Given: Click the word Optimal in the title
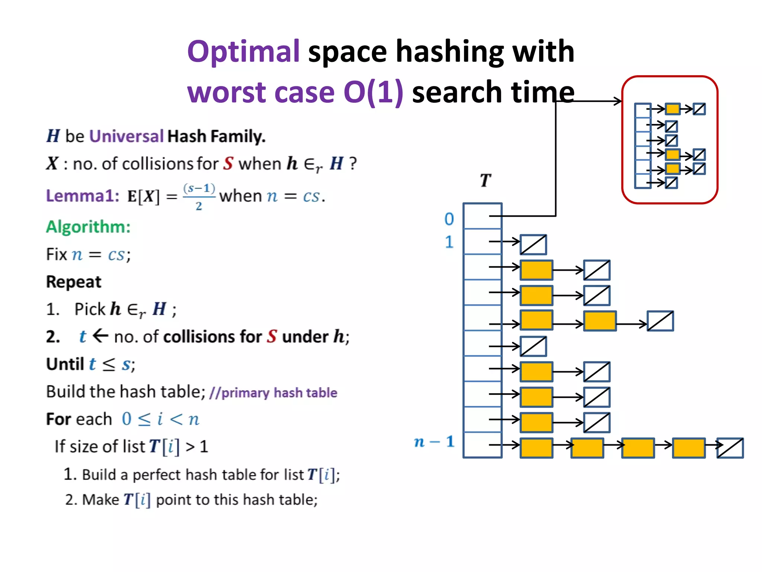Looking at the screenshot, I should pyautogui.click(x=243, y=51).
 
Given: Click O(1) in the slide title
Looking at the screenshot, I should pyautogui.click(x=373, y=92).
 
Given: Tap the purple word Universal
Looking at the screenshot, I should pyautogui.click(x=126, y=136).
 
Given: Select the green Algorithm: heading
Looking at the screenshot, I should pyautogui.click(x=88, y=227).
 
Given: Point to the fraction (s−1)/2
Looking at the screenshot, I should pyautogui.click(x=199, y=197).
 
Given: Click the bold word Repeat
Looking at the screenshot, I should pyautogui.click(x=74, y=282).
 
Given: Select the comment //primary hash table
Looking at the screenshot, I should pyautogui.click(x=273, y=393).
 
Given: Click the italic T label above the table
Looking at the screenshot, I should pyautogui.click(x=485, y=181).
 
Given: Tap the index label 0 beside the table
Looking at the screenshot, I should pyautogui.click(x=449, y=219).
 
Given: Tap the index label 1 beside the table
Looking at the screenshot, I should pyautogui.click(x=449, y=242).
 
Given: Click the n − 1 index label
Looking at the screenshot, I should pyautogui.click(x=434, y=442).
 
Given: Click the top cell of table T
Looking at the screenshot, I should pyautogui.click(x=482, y=216).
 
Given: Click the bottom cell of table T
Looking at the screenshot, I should pyautogui.click(x=482, y=445).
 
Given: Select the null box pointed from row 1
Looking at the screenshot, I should pyautogui.click(x=533, y=245).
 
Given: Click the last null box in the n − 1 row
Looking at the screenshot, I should pyautogui.click(x=730, y=448).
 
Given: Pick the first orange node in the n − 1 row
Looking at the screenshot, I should pyautogui.click(x=536, y=448).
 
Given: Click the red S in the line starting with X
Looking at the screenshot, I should pyautogui.click(x=228, y=164).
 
